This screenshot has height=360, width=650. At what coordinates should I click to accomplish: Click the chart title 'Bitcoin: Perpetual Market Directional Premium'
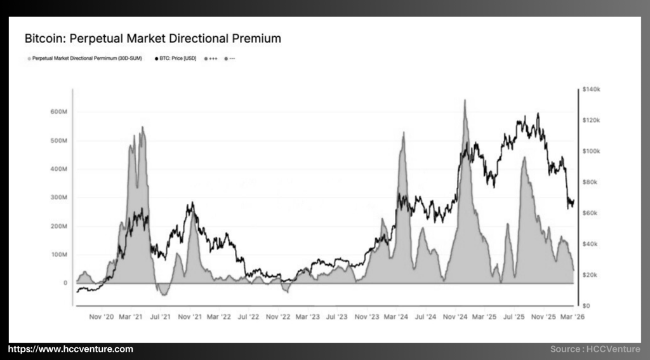pyautogui.click(x=152, y=39)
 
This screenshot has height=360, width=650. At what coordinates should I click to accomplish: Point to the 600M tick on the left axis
pyautogui.click(x=58, y=112)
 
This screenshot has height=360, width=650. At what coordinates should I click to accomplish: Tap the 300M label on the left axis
pyautogui.click(x=58, y=197)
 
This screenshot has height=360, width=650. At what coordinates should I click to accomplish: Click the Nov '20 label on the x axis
pyautogui.click(x=102, y=316)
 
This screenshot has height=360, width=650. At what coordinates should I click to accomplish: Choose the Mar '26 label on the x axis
pyautogui.click(x=574, y=316)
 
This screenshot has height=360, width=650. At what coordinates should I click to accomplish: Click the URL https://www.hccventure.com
pyautogui.click(x=70, y=349)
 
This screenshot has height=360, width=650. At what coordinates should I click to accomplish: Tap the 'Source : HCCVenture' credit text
pyautogui.click(x=595, y=349)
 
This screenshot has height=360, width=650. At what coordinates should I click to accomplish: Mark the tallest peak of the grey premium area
pyautogui.click(x=465, y=100)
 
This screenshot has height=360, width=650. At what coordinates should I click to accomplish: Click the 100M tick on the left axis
pyautogui.click(x=58, y=255)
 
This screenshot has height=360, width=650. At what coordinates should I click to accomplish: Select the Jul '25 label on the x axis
pyautogui.click(x=514, y=316)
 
